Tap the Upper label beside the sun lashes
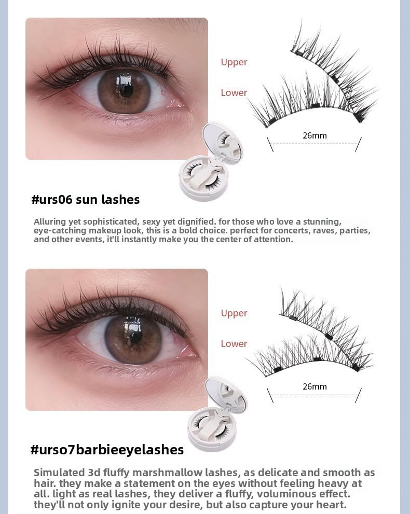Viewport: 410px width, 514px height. point(234,62)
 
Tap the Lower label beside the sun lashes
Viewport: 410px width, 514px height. point(234,93)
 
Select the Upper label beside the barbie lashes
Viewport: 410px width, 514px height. point(234,313)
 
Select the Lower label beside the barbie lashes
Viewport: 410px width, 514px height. point(234,344)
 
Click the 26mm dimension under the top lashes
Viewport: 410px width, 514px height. point(315,136)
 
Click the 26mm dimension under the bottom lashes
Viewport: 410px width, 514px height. point(315,387)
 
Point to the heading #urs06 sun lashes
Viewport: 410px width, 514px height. point(86,200)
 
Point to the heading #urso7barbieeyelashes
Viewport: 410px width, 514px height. point(107,450)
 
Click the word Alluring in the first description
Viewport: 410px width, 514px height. point(51,222)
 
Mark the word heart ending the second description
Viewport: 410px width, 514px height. point(331,505)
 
